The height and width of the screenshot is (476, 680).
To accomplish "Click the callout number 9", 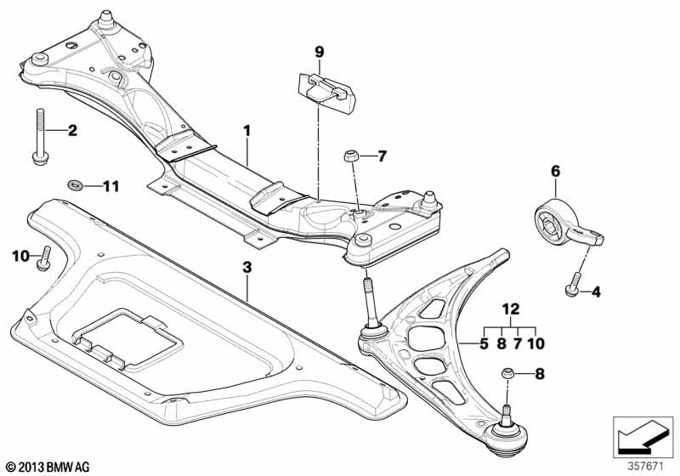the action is (320, 53).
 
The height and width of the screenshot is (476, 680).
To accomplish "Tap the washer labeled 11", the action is (76, 185).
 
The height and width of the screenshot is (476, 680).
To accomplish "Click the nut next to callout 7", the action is (350, 156).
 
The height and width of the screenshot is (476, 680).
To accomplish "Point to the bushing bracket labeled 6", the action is (564, 225).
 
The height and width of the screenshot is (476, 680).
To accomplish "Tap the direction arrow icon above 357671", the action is (643, 438).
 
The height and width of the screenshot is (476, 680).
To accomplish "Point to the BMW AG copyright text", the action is (48, 467).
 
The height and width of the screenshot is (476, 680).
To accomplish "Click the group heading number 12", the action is (511, 309).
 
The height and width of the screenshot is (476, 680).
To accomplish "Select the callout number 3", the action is (246, 268).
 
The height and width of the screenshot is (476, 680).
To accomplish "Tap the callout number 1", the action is (246, 130).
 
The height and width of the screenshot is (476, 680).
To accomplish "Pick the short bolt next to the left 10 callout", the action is (44, 259).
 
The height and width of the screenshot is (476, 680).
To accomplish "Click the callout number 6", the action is (556, 171).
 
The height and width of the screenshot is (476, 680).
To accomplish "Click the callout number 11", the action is (110, 186).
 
